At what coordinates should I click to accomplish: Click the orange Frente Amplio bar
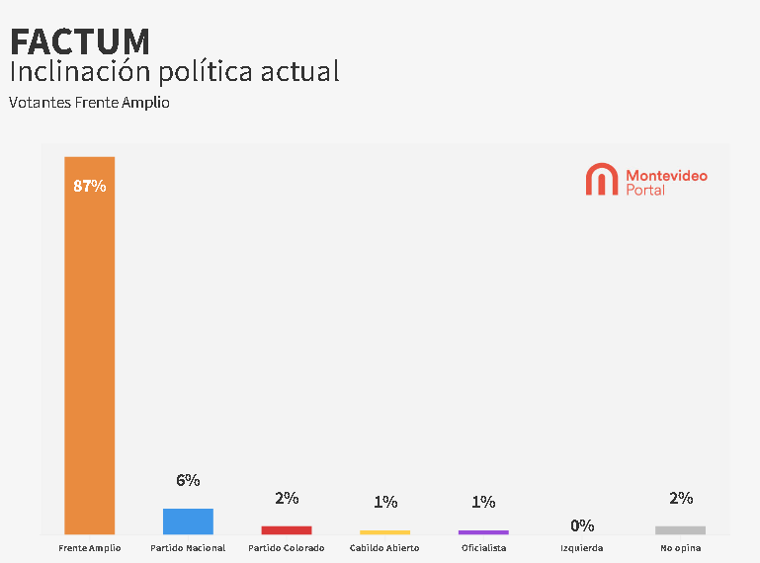pos(89,346)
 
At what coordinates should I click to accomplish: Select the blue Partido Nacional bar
pos(188,522)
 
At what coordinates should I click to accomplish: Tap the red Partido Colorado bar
pos(287,530)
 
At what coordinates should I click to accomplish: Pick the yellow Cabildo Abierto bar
pos(384,532)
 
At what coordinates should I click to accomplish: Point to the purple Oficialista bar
pos(483,532)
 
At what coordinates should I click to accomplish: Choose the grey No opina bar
pos(680,530)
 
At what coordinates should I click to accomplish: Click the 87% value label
pos(89,186)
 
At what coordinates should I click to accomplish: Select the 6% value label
pos(188,481)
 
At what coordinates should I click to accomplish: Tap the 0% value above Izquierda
pos(582,525)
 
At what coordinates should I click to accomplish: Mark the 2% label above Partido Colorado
pos(287,499)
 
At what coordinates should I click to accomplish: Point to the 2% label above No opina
pos(680,499)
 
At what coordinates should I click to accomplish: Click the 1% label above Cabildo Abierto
pos(384,503)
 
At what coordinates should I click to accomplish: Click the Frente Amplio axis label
pos(89,548)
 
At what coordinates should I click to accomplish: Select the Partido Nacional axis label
pos(188,548)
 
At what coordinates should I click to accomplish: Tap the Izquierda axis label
pos(582,548)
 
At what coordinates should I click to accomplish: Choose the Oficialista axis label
pos(483,548)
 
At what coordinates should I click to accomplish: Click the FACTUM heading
pos(80,41)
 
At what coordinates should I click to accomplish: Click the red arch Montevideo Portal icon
pos(601,180)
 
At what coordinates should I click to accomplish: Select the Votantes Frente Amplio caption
pos(89,103)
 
